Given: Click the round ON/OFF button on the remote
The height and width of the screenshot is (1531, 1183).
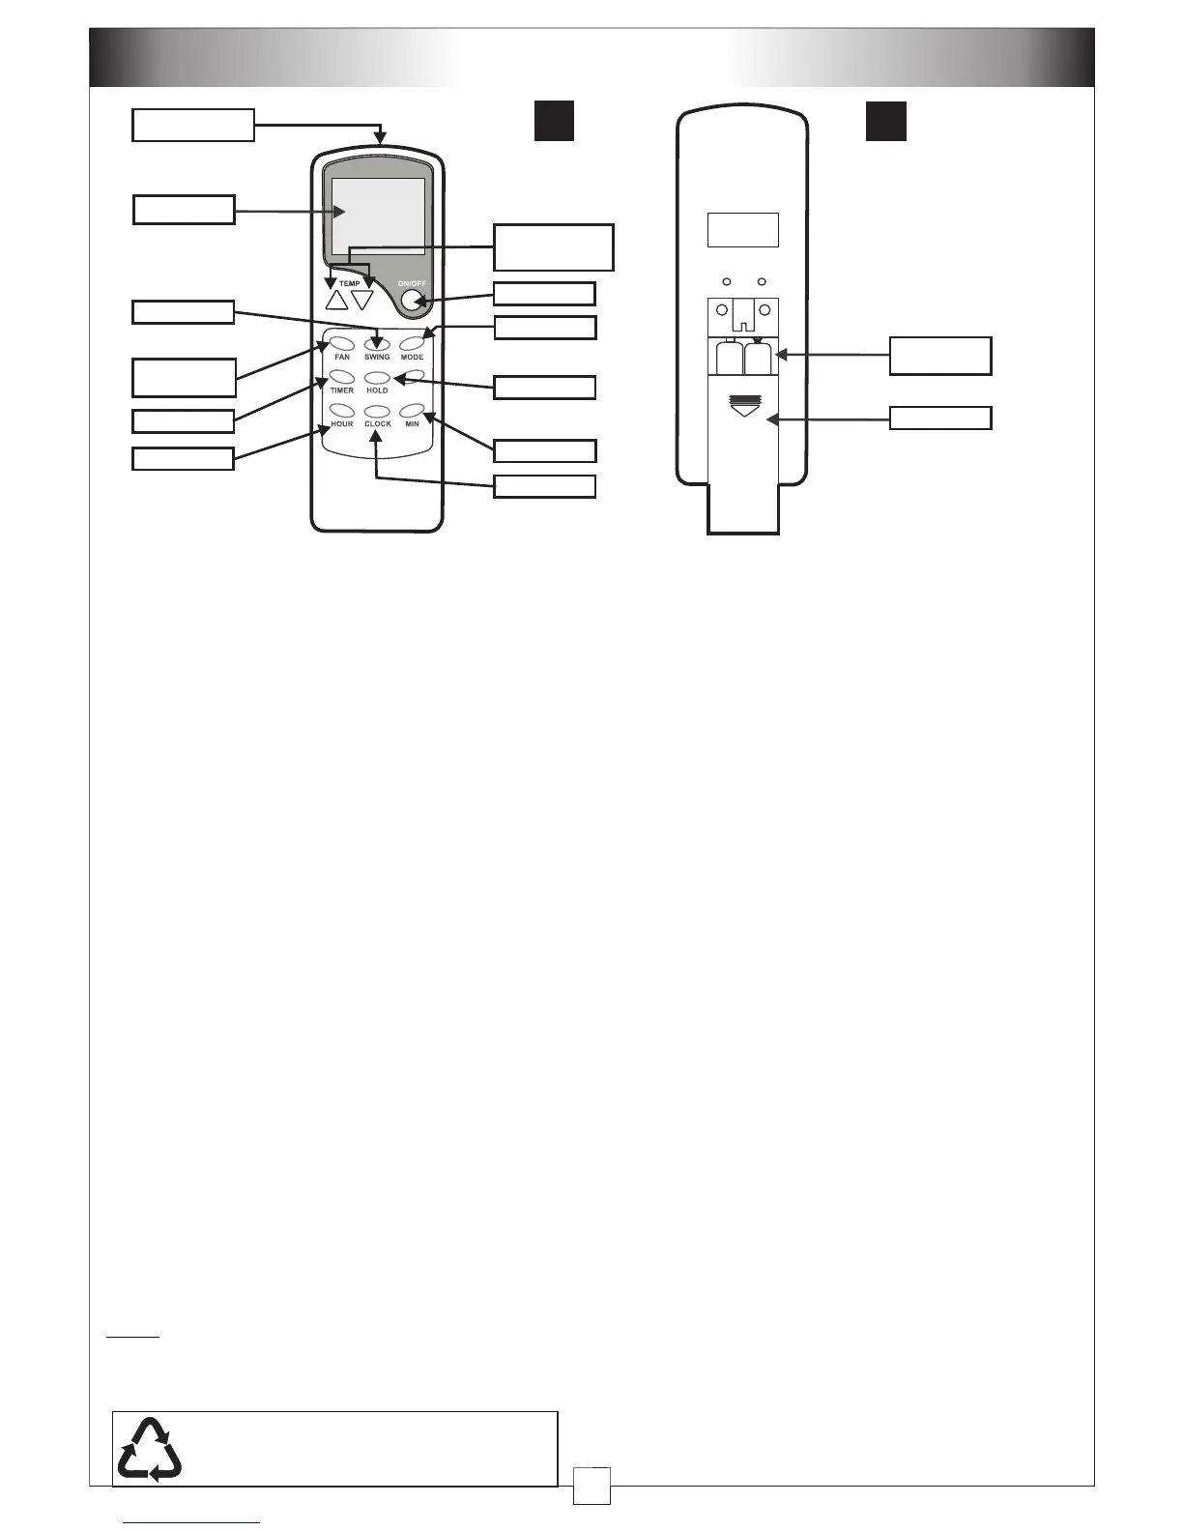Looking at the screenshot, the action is tap(413, 301).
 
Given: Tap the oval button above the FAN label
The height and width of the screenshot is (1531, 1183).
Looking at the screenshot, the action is tap(341, 343).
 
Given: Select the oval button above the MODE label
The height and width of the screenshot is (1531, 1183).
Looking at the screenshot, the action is tap(413, 343).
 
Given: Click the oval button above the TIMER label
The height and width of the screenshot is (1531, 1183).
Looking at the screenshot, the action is tap(341, 377).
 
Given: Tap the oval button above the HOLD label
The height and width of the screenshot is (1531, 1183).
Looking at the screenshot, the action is tap(377, 378).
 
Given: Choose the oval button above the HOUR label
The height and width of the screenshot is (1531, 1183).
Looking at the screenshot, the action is tap(341, 411).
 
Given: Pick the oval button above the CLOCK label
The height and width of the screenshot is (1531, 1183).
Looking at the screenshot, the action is tap(377, 412).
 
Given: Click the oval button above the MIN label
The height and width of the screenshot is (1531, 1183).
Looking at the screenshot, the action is tap(413, 411).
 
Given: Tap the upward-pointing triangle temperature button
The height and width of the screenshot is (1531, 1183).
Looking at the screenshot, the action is tap(336, 300).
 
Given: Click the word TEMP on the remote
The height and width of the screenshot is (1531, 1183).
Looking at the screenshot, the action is tap(349, 284).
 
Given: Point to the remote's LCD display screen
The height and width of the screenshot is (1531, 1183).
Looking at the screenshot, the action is tap(378, 217).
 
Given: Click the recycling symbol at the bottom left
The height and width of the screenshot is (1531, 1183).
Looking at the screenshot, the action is tap(149, 1449).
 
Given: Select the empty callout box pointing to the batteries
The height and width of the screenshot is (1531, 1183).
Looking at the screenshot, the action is tap(939, 355).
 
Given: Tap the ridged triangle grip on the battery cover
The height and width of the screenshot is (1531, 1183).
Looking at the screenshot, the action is tap(742, 405).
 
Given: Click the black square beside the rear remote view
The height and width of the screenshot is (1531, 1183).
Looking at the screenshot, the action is tap(885, 121).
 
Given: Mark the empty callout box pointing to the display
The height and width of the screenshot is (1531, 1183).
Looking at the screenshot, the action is tap(184, 210).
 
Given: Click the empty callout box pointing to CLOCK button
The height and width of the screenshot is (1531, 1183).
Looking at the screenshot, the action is tap(544, 485).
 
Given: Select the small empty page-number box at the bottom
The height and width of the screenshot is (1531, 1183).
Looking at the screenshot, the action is tap(591, 1486).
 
